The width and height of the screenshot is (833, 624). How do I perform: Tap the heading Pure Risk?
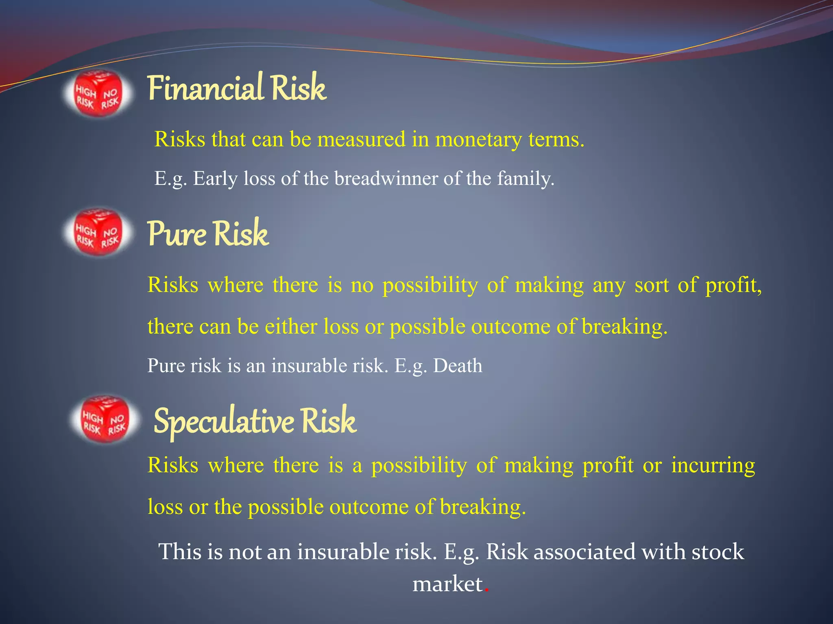click(x=207, y=234)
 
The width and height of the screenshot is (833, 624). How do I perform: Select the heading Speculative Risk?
click(x=255, y=421)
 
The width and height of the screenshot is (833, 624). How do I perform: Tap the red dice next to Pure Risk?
click(x=98, y=232)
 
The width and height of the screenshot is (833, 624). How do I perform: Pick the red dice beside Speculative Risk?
click(x=105, y=419)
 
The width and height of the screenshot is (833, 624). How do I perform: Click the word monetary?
click(x=478, y=139)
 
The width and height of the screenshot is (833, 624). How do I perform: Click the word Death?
click(x=458, y=365)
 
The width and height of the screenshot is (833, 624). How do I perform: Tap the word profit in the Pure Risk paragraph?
click(x=733, y=285)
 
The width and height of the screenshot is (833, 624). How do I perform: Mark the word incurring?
click(x=713, y=465)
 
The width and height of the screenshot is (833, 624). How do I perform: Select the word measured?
click(x=361, y=139)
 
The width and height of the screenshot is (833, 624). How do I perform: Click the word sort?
click(x=652, y=285)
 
